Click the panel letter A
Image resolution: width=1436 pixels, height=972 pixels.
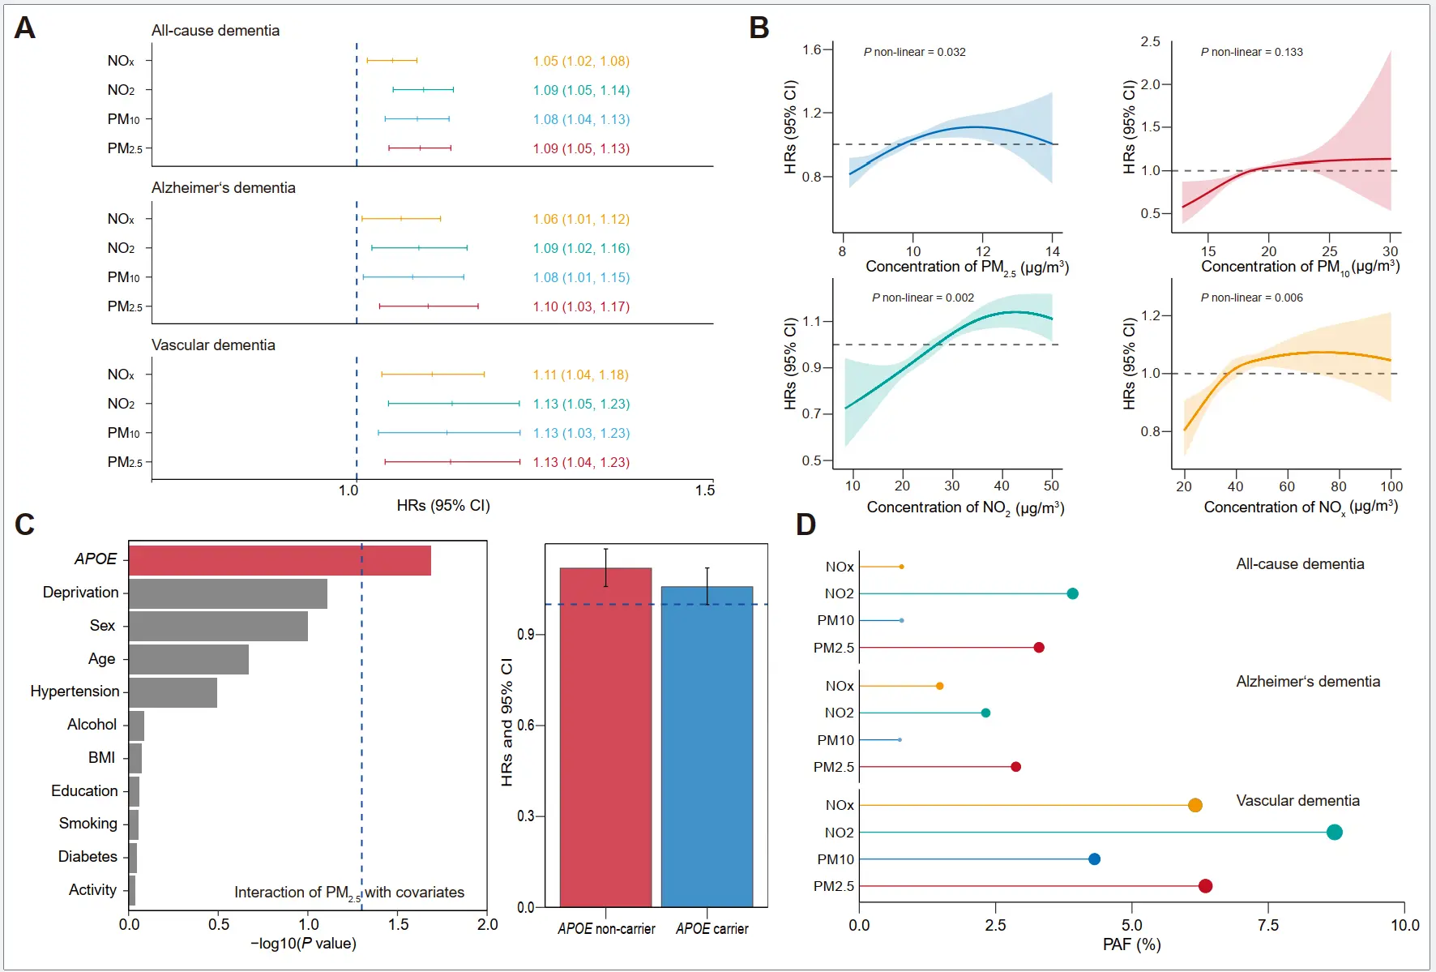25,28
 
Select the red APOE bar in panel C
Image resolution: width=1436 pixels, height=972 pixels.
280,560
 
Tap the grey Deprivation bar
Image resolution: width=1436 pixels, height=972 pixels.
228,593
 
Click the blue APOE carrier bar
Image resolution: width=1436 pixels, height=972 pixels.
707,746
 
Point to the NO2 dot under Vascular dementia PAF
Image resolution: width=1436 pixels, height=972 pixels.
1334,832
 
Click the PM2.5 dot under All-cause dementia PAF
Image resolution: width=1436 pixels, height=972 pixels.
1039,648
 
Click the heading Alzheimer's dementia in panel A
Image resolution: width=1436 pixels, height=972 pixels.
224,188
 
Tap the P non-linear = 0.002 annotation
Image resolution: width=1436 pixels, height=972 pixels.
923,298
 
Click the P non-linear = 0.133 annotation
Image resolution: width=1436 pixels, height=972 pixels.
1252,52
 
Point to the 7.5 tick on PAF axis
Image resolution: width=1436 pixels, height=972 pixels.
1268,925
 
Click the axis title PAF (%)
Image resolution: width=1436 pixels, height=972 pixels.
1131,944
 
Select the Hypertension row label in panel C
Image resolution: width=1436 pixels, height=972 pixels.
75,692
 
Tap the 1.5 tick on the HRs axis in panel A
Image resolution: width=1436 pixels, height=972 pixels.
705,490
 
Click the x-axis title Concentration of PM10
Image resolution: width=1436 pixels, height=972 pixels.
1300,267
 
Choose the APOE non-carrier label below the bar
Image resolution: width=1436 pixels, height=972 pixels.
606,929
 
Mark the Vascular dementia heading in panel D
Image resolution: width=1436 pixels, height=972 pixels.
1297,801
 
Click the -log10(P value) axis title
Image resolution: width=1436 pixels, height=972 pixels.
304,944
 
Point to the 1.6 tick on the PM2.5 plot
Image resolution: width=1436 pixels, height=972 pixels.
812,49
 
